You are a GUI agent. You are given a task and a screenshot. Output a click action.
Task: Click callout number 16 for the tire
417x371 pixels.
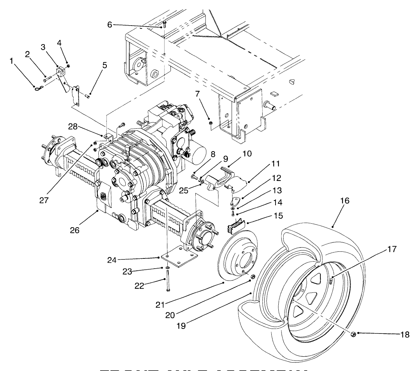click(345, 201)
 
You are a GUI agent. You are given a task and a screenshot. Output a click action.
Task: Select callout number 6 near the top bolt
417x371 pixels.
click(110, 25)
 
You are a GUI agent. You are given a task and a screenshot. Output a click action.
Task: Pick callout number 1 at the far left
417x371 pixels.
click(12, 61)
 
